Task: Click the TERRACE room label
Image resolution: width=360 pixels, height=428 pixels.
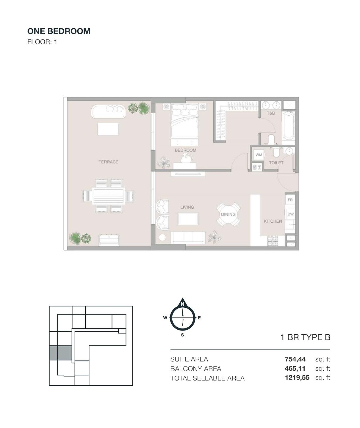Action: (x=108, y=162)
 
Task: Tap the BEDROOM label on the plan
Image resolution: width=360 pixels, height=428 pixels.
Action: (x=185, y=150)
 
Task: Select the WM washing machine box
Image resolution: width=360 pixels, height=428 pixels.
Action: (x=259, y=155)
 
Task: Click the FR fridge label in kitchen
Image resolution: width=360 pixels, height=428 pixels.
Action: (x=290, y=200)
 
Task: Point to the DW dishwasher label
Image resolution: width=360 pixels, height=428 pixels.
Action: (x=290, y=214)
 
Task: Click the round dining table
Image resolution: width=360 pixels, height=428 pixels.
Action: (x=228, y=214)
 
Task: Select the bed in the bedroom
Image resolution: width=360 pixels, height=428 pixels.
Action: (x=185, y=121)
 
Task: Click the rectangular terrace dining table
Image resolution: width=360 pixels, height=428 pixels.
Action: (x=108, y=196)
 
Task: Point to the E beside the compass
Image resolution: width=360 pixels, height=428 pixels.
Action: (x=199, y=318)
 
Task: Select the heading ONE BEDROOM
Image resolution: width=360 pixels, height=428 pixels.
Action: (x=59, y=31)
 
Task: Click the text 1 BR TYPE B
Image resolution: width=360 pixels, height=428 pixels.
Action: (x=305, y=337)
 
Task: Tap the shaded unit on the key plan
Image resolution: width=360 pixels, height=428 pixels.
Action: (x=61, y=353)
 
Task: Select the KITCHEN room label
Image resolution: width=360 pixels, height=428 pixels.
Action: (x=273, y=221)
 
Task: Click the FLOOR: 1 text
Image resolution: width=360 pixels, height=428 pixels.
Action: (x=42, y=42)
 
